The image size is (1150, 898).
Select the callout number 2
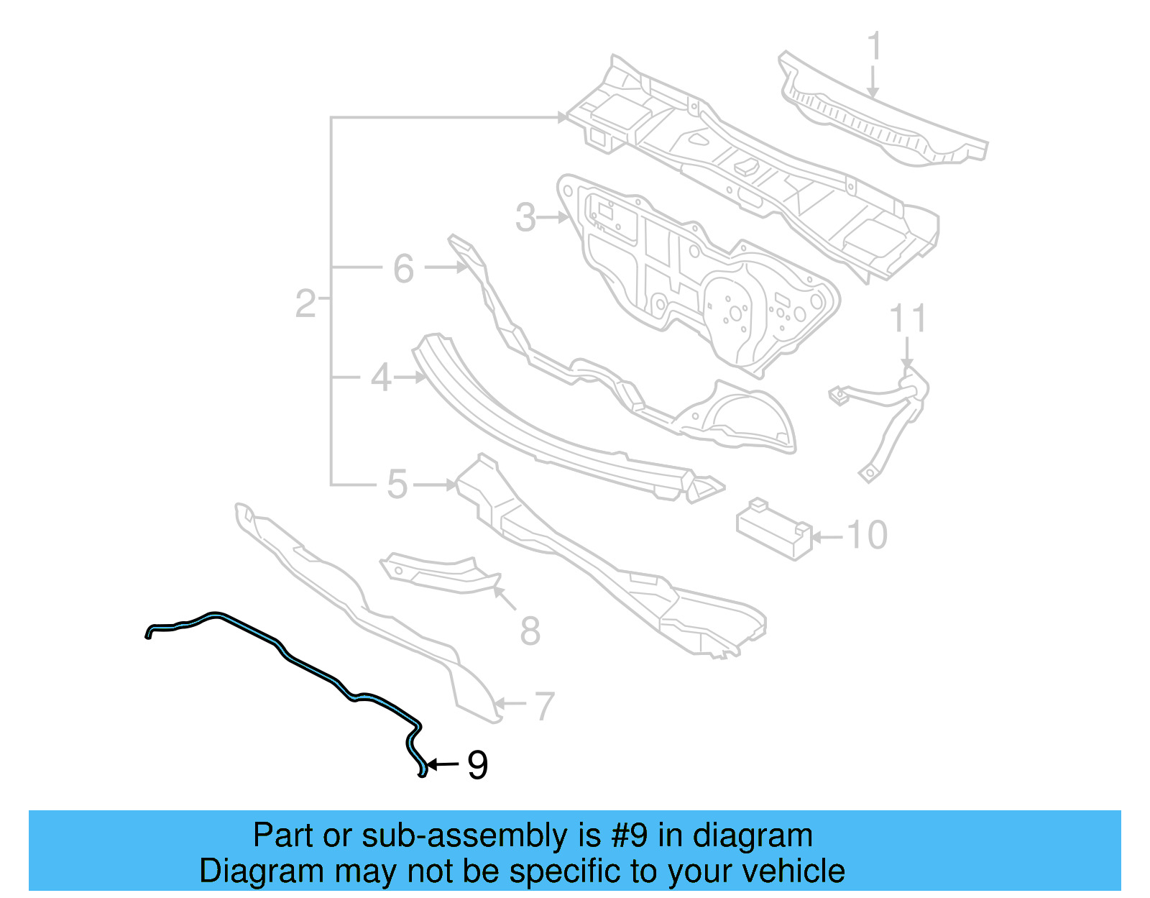click(x=305, y=303)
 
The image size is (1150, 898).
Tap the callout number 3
click(x=525, y=217)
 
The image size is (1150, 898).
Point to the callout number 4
click(x=380, y=377)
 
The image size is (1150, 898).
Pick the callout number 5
click(x=397, y=485)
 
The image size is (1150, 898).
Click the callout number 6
click(x=403, y=269)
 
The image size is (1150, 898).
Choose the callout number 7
click(x=544, y=706)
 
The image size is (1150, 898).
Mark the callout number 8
click(x=530, y=631)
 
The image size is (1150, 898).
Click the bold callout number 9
click(x=477, y=765)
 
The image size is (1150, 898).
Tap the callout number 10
click(x=867, y=536)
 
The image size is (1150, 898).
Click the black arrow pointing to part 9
click(x=443, y=764)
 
